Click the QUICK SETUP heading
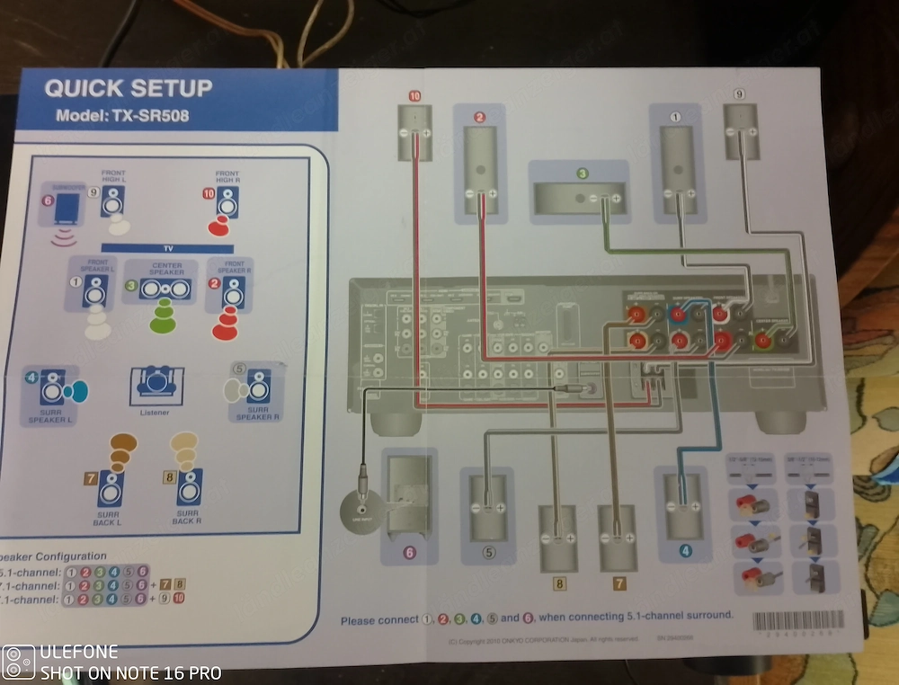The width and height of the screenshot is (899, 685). click(x=128, y=88)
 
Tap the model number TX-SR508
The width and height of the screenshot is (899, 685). click(x=121, y=115)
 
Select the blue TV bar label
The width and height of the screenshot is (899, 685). click(x=166, y=246)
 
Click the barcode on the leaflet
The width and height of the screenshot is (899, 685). click(x=797, y=621)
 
